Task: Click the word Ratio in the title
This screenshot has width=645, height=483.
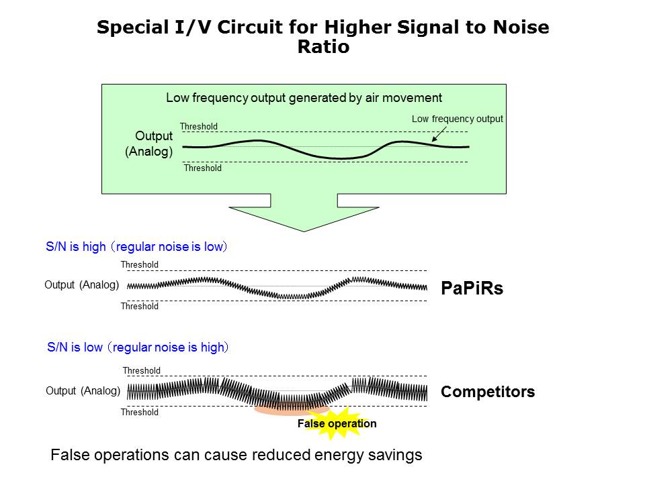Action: click(322, 48)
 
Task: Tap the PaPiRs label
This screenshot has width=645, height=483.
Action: click(472, 288)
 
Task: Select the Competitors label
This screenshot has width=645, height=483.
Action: click(488, 392)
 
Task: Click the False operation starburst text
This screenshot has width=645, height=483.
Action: click(337, 424)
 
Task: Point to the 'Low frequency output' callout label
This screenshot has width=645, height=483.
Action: click(457, 119)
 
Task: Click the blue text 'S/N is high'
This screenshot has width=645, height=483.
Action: click(75, 247)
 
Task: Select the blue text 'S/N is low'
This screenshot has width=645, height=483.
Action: click(75, 347)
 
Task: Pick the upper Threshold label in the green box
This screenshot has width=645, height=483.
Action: click(198, 126)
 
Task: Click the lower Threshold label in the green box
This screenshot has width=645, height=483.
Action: click(202, 168)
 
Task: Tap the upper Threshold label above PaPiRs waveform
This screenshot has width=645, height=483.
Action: click(140, 265)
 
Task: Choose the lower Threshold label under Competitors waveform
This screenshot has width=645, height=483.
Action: click(140, 413)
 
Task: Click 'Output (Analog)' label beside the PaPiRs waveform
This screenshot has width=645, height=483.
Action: click(81, 285)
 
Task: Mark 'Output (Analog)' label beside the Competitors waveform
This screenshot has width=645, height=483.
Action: click(83, 391)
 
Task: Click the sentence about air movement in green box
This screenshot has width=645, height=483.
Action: click(304, 98)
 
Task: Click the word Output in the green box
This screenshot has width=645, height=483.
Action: click(154, 136)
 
